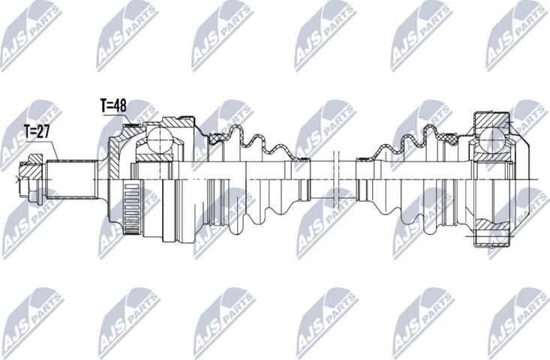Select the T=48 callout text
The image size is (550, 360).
click(113, 106)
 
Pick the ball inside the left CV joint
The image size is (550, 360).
click(159, 139)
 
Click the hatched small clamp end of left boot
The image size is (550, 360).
click(302, 159)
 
